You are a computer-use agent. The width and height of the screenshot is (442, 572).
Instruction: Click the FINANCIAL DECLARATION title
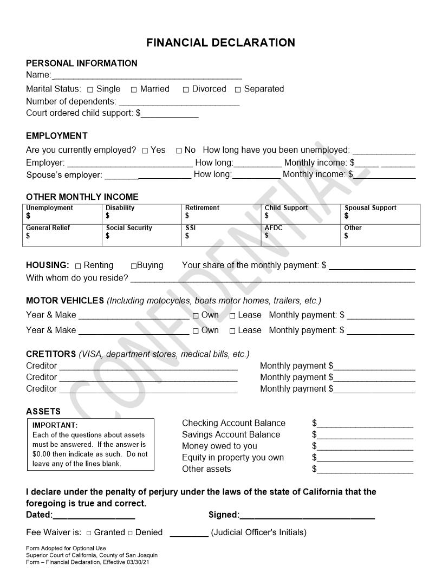click(x=220, y=43)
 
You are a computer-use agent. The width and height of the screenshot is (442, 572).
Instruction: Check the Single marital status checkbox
click(x=90, y=90)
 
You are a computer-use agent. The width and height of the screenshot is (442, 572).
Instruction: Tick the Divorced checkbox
click(x=186, y=90)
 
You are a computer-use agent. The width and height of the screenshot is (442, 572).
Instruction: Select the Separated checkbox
click(x=238, y=90)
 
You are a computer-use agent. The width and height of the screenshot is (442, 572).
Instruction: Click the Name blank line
click(x=147, y=75)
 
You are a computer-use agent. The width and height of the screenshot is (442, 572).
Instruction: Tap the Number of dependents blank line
click(x=179, y=102)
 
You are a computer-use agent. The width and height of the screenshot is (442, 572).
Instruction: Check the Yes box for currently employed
click(x=145, y=151)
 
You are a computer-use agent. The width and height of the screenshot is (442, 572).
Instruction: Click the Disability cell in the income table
click(x=141, y=214)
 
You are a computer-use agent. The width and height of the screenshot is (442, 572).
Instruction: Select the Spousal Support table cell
click(x=380, y=214)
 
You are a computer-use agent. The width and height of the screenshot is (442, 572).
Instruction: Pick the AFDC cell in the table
click(x=301, y=235)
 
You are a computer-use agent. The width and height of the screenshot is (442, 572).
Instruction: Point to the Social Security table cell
click(x=141, y=235)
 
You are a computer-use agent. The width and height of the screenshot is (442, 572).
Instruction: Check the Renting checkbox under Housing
click(x=78, y=266)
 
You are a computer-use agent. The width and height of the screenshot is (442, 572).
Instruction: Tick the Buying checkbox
click(x=134, y=266)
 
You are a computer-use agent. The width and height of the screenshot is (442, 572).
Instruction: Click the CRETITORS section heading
click(x=51, y=354)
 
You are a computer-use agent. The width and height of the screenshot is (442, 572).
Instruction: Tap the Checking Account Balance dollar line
click(x=365, y=424)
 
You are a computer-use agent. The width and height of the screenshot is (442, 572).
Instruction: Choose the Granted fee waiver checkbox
click(x=89, y=533)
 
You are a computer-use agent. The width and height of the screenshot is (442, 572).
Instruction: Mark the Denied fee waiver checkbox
click(x=130, y=533)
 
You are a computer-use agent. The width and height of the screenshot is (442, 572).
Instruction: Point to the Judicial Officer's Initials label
click(x=258, y=532)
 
